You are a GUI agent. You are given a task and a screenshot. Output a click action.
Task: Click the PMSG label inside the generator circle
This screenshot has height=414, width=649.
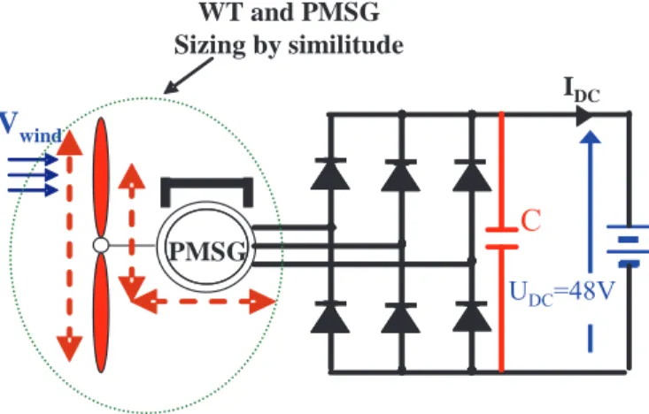(x=207, y=251)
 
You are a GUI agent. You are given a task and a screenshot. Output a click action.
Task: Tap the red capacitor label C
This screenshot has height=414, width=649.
(x=531, y=220)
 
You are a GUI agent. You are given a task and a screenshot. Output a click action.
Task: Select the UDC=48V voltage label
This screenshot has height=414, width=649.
(x=562, y=293)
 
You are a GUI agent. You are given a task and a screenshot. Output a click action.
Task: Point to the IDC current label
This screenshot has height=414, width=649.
(x=582, y=90)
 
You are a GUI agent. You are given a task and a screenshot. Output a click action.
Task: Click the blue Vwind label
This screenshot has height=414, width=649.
(x=31, y=127)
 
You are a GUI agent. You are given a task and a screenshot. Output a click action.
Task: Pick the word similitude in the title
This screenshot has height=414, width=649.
(x=346, y=44)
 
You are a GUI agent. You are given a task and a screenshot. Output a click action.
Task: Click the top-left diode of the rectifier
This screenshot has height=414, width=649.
(x=330, y=173)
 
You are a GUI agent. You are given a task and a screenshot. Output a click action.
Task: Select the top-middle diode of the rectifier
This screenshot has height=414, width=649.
(x=401, y=175)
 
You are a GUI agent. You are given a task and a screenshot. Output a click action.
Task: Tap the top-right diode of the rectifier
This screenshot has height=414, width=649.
(x=472, y=175)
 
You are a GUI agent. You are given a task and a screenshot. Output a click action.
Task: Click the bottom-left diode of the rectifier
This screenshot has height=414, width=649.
(x=330, y=318)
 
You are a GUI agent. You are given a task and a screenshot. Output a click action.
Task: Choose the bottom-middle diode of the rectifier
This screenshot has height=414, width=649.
(x=401, y=318)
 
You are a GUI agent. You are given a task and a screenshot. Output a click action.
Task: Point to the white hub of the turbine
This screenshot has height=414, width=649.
(x=101, y=245)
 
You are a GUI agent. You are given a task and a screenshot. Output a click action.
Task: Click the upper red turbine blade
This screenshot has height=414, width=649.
(x=101, y=178)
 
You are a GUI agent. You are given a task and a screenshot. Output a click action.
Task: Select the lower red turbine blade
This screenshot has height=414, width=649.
(x=101, y=312)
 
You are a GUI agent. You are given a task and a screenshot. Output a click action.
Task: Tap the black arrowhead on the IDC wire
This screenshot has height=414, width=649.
(x=584, y=115)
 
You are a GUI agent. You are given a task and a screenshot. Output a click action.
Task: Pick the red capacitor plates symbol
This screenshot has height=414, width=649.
(x=502, y=238)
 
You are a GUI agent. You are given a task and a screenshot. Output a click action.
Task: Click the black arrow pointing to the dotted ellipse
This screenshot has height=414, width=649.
(x=189, y=76)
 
